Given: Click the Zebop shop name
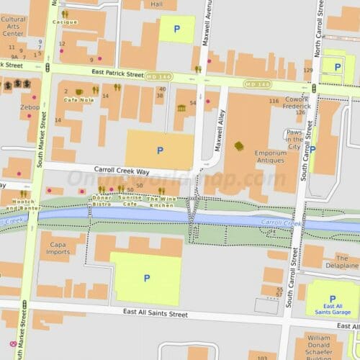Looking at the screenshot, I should point(30,107).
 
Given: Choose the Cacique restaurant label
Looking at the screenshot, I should point(65,22).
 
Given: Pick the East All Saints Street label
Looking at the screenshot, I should point(155,314).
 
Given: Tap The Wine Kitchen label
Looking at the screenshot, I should point(161,201).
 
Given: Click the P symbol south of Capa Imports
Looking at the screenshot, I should point(147,278).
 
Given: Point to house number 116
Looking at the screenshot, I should point(273,101).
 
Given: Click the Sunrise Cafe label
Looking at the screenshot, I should point(130,201).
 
